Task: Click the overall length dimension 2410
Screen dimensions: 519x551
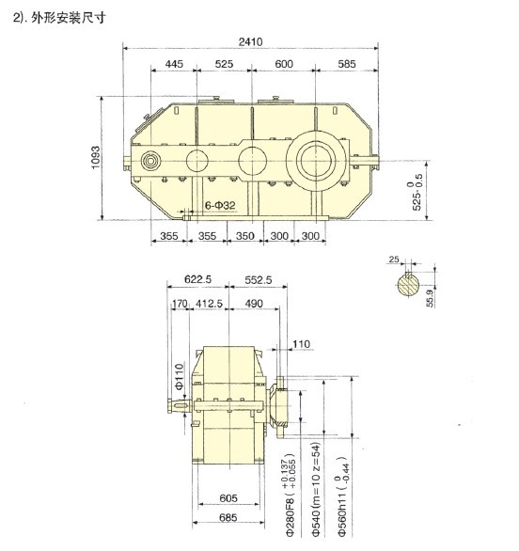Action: [x=250, y=41]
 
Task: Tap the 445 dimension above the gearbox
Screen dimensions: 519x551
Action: [x=174, y=64]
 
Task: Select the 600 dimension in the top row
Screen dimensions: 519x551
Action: [x=284, y=64]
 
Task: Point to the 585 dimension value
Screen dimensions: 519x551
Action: [x=347, y=64]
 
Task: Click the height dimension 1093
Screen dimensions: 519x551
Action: [x=95, y=158]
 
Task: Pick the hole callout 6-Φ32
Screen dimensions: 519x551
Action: [x=220, y=206]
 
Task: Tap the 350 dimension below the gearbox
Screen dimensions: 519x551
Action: [x=244, y=236]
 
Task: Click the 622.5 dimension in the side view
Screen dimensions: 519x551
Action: [x=197, y=279]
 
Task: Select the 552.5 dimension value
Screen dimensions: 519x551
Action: [x=259, y=280]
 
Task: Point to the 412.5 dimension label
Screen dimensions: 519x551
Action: [x=209, y=304]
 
